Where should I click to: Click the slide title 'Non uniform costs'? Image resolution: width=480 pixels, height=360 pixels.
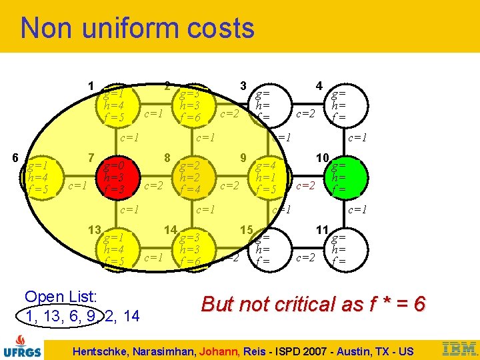[x=137, y=29]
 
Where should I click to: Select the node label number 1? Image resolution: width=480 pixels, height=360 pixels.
[x=91, y=85]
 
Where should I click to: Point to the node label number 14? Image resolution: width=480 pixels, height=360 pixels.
[x=170, y=229]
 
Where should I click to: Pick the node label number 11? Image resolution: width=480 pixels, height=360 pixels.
[x=321, y=229]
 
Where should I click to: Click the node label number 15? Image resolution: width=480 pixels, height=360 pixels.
[x=246, y=229]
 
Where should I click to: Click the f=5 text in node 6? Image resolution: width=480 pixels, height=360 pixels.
[x=37, y=189]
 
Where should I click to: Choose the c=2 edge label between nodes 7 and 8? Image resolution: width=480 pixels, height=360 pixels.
[x=154, y=185]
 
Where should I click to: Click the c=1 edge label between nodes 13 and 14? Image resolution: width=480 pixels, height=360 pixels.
[x=154, y=256]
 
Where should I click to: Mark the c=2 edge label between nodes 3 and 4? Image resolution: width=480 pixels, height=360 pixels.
[x=305, y=113]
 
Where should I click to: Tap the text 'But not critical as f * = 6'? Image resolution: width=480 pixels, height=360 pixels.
[x=313, y=304]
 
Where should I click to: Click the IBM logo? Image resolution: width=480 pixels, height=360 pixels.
[x=459, y=348]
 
